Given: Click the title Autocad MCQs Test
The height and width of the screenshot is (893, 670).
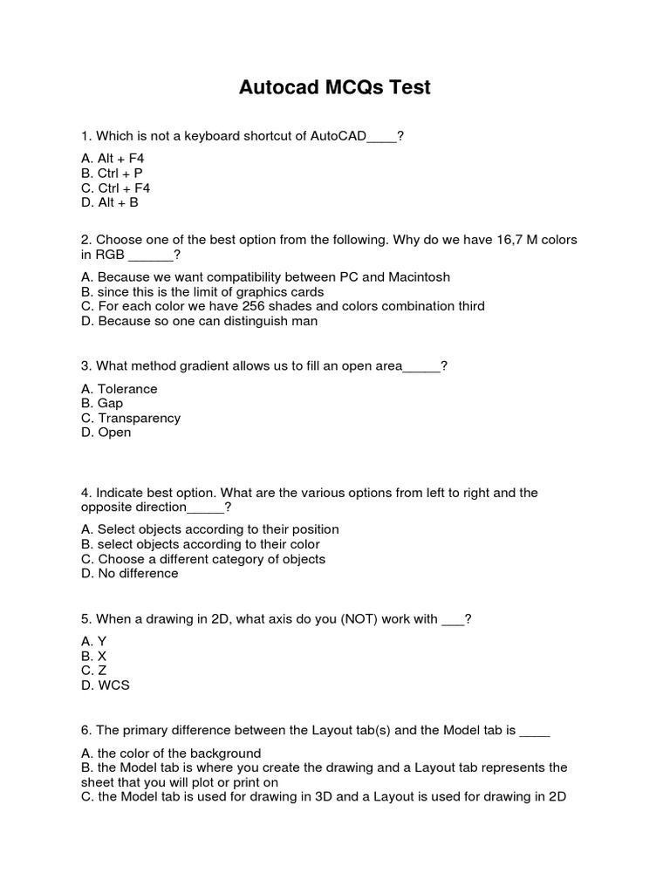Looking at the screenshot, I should pos(334,88).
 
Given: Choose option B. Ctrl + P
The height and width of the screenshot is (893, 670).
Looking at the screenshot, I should pos(112,174).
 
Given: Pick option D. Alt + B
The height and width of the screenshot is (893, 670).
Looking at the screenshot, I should pos(110,202).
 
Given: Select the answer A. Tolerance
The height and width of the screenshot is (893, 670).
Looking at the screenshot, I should pos(120,389).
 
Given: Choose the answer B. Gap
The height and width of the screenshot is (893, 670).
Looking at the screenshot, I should pos(102,404).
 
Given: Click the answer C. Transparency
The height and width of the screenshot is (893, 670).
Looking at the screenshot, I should pos(131,418).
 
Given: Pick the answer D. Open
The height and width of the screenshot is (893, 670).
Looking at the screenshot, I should pos(106,433).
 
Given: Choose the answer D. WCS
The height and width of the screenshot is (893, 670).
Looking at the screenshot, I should pos(106,685).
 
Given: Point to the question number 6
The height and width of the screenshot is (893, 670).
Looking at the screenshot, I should pos(85,731).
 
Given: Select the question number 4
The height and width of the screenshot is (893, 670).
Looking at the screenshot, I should pos(85,493).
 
